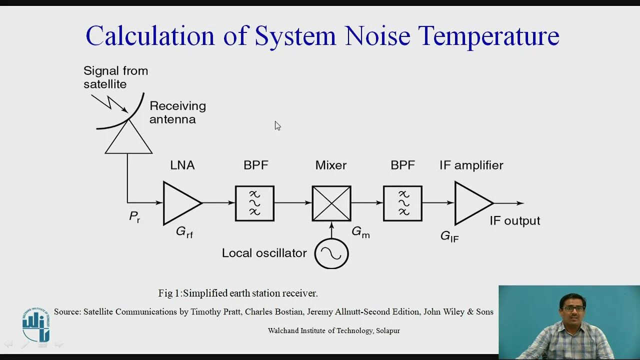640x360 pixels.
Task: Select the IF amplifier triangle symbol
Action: click(470, 203)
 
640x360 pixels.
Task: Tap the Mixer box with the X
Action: click(331, 203)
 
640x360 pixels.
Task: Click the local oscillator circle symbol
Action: click(331, 253)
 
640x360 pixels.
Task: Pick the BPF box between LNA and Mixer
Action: click(254, 203)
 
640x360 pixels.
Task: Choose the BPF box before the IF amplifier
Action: click(402, 203)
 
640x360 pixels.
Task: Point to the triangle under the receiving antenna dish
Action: click(128, 140)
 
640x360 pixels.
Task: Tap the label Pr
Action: click(134, 217)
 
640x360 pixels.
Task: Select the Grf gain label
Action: click(184, 232)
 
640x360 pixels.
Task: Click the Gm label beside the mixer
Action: click(360, 232)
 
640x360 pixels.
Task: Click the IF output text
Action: click(514, 221)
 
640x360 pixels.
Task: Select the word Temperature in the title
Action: click(488, 36)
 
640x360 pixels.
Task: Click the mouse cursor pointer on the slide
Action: click(277, 125)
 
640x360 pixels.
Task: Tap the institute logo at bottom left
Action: click(36, 325)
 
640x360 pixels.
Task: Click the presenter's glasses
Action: click(573, 308)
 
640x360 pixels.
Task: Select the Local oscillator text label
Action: click(264, 253)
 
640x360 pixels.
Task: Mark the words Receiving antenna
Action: click(177, 112)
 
